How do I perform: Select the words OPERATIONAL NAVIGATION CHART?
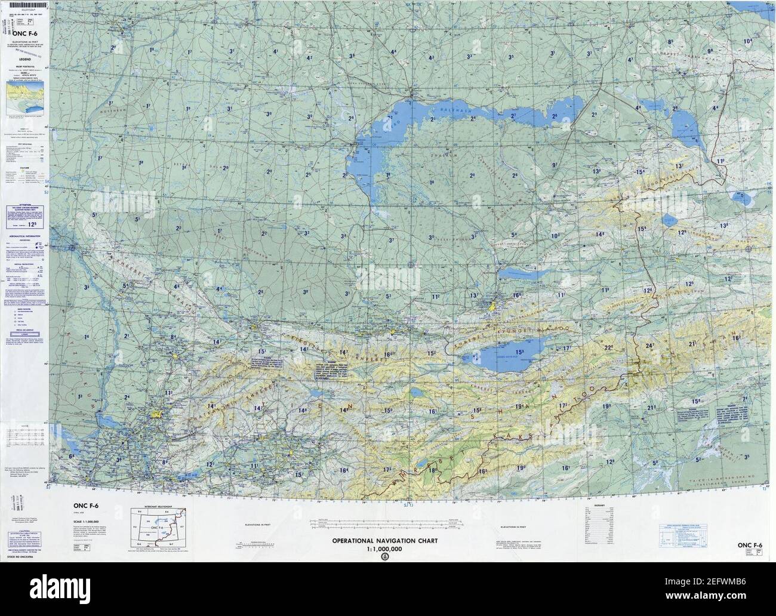point(385,541)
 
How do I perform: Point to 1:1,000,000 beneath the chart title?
point(384,549)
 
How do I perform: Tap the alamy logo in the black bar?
point(387,590)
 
